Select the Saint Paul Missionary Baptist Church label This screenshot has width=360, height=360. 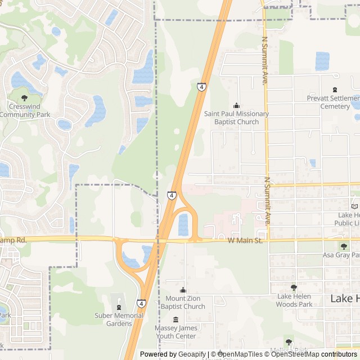pos(236,118)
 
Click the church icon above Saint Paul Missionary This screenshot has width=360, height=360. pos(236,105)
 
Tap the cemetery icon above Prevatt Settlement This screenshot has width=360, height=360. pos(336,89)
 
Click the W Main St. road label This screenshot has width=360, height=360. pos(245,241)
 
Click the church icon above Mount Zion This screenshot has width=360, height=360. pos(182,290)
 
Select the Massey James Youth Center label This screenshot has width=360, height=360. pos(175,331)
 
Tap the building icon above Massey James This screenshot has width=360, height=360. pos(175,319)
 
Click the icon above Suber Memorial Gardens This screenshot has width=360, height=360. pos(118,307)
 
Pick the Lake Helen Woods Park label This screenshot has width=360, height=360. pos(294,300)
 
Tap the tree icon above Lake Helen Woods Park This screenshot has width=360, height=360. pos(294,287)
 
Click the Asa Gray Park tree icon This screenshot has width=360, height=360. pos(344,246)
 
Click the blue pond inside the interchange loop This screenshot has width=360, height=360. pos(183,224)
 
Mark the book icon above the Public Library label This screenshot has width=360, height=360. pos(354,206)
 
